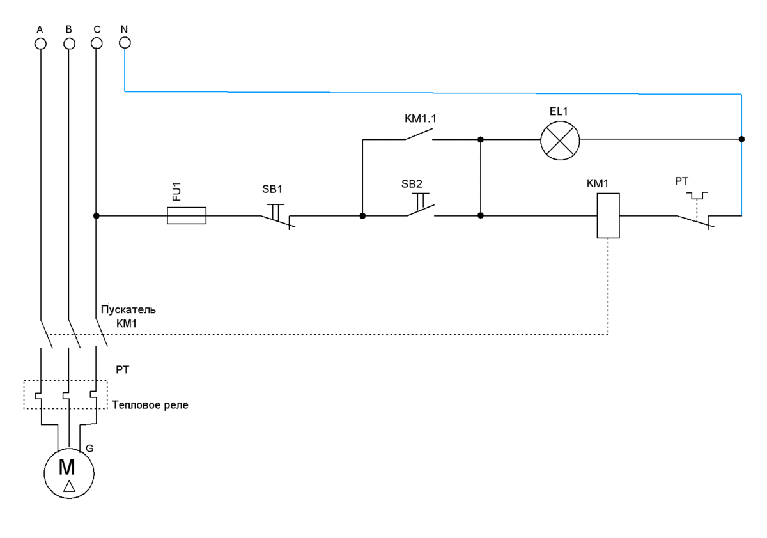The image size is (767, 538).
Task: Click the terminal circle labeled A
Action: point(40,43)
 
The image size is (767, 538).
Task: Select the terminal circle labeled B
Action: point(69,43)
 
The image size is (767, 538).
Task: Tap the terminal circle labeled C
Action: point(97,43)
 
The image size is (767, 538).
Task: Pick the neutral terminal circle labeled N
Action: point(125,43)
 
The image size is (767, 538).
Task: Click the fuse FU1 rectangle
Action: point(186,216)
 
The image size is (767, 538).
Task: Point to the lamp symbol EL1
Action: point(560,139)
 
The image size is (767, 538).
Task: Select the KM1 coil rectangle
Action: point(608,215)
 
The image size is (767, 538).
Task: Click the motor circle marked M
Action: point(68,473)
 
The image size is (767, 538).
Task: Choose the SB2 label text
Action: point(412,184)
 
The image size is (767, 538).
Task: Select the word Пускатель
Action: point(128,310)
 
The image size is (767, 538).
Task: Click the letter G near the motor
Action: point(89,449)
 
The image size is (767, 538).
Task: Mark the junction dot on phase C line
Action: point(96,216)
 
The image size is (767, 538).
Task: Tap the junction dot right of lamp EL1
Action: point(741,139)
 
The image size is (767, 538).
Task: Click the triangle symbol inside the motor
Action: point(69,488)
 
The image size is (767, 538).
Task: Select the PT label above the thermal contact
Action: point(683,181)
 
